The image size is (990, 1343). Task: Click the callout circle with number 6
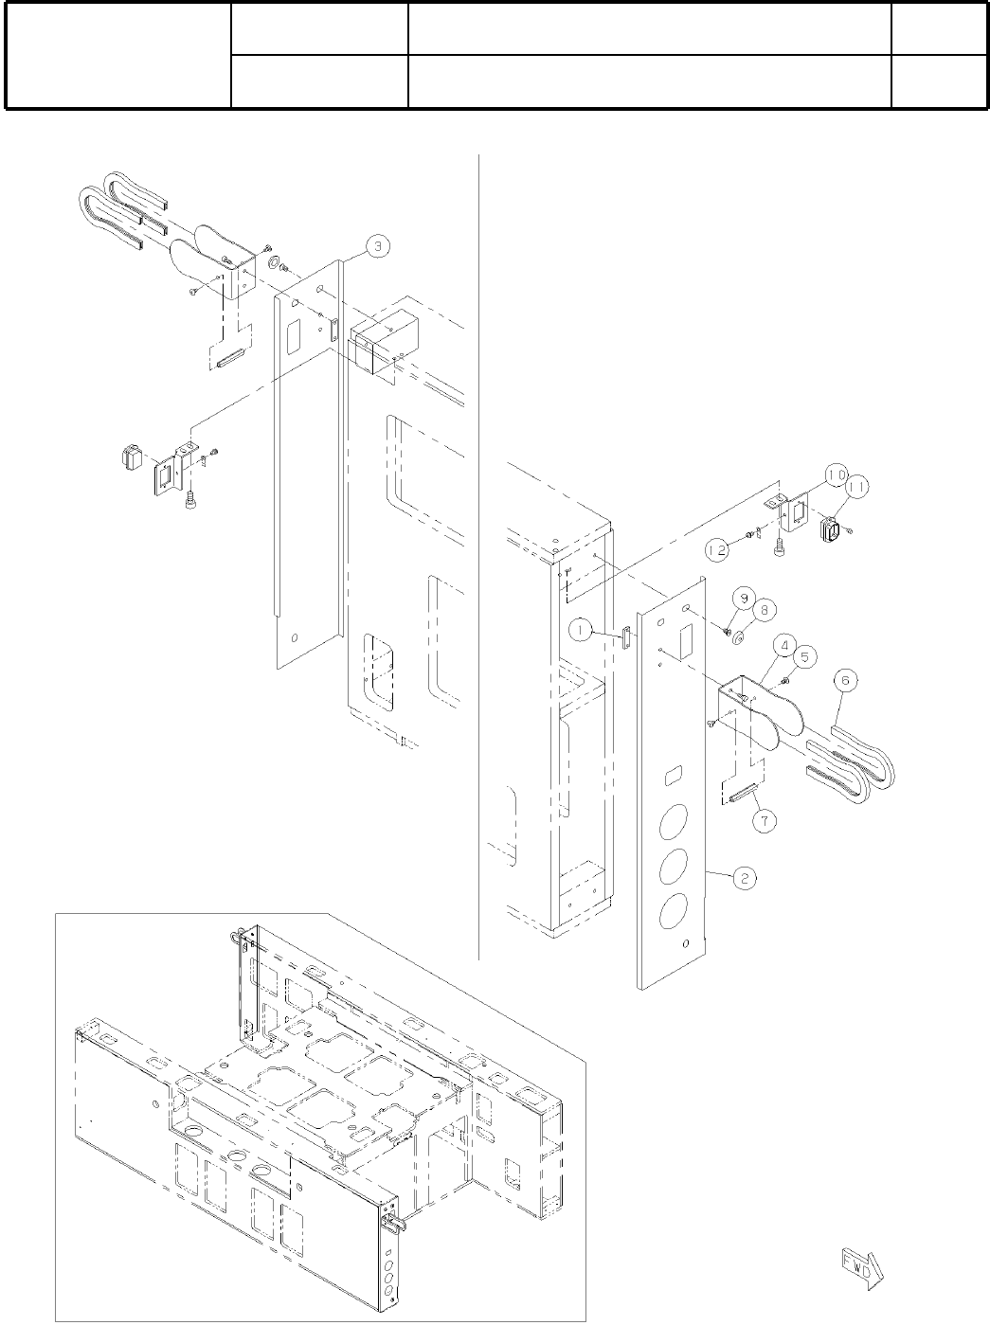[847, 679]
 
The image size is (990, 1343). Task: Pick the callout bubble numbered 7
[765, 820]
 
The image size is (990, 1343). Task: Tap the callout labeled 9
[743, 599]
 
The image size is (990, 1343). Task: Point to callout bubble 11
[857, 489]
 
